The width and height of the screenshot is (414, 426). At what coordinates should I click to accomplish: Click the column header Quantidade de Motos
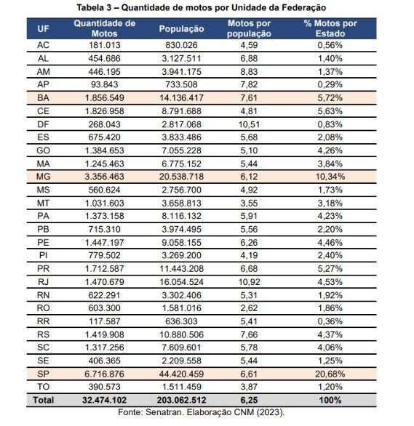tap(104, 28)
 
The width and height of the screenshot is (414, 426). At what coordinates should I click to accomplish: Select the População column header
tap(182, 29)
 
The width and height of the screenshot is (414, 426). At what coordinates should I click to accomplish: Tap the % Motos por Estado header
tap(330, 28)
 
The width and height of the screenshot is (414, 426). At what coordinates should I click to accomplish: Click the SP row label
tap(43, 374)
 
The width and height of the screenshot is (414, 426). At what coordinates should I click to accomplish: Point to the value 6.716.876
tap(104, 374)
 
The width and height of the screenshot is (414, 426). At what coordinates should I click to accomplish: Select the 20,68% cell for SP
tap(330, 374)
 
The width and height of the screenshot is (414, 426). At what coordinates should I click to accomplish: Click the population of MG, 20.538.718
tap(181, 177)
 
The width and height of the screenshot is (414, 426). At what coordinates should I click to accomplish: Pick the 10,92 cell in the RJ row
tap(249, 282)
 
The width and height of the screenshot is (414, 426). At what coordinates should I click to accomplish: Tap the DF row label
tap(43, 124)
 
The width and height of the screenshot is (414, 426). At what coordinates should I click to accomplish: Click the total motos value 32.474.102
tap(104, 400)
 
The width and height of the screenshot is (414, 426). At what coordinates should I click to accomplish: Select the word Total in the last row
tap(44, 400)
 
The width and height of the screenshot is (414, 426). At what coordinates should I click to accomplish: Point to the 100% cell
tap(330, 400)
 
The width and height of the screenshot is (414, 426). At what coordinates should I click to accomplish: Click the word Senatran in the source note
tap(164, 412)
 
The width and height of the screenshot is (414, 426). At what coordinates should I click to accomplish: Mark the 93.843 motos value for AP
tap(104, 84)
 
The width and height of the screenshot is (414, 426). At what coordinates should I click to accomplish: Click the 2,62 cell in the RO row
tap(249, 308)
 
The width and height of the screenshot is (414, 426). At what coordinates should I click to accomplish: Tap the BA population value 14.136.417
tap(181, 98)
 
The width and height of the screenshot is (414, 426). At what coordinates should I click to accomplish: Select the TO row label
tap(43, 387)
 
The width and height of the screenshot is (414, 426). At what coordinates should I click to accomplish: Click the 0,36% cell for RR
tap(330, 321)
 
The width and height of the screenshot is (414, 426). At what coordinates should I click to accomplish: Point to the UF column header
tap(43, 28)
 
